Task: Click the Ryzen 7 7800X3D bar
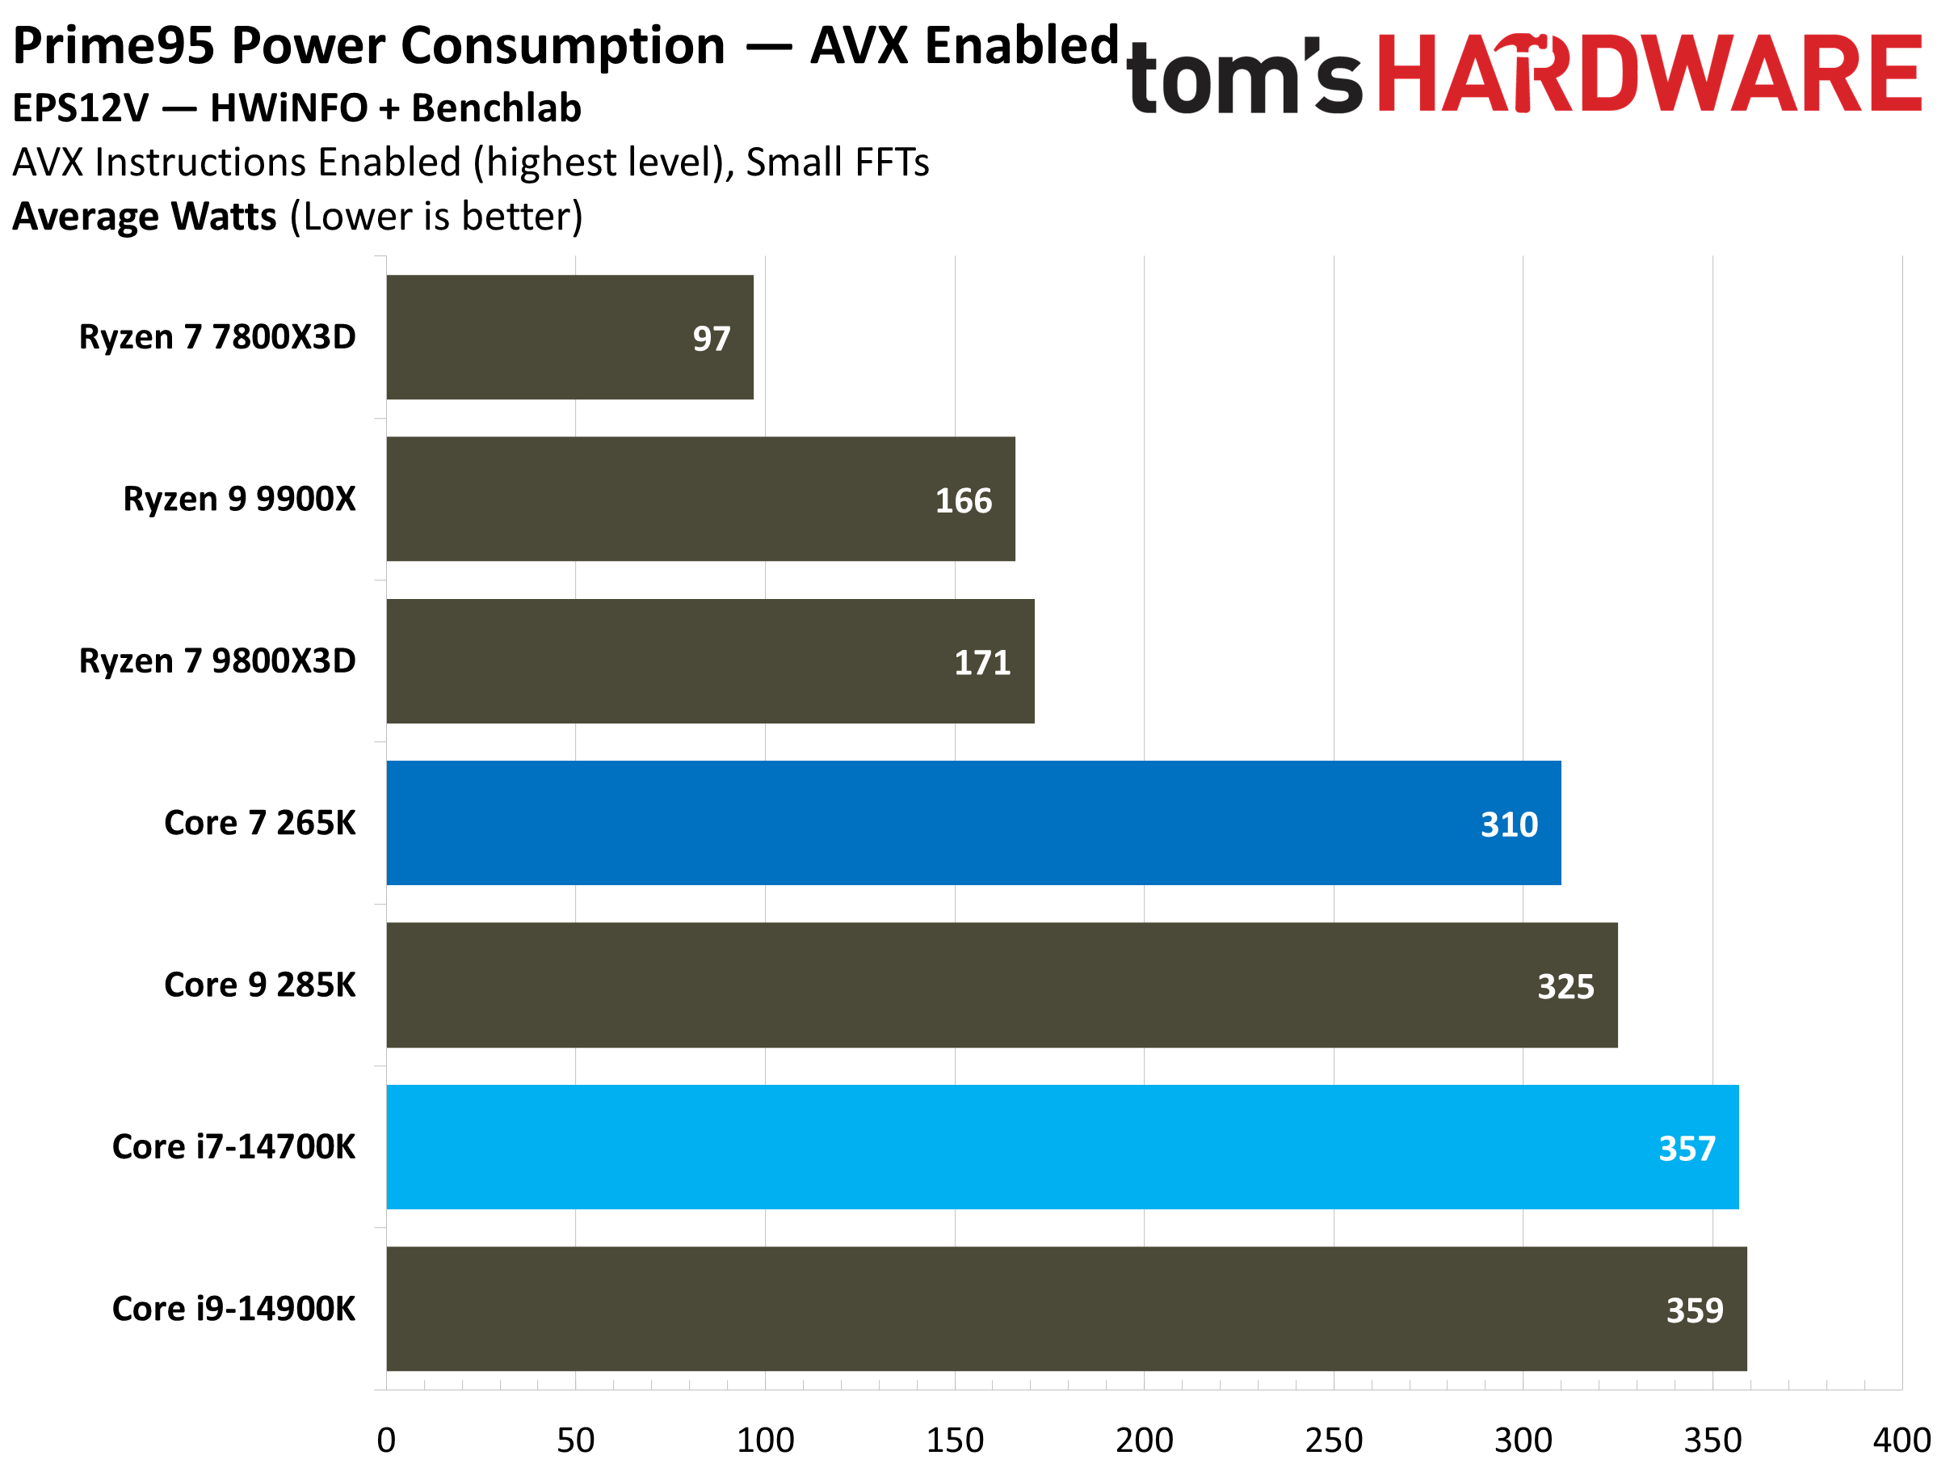tap(569, 337)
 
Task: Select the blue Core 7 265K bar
tap(972, 823)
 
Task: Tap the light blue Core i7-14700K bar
tap(1060, 1146)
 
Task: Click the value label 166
tap(963, 501)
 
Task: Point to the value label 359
tap(1693, 1310)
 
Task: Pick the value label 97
tap(711, 339)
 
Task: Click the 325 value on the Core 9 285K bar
tap(1565, 986)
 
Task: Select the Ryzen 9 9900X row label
tap(238, 500)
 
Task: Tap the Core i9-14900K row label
tap(233, 1309)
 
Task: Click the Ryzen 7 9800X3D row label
tap(217, 661)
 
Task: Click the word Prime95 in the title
tap(113, 46)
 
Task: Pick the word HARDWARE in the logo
tap(1649, 74)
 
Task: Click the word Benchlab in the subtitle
tap(497, 108)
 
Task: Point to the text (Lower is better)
tap(436, 217)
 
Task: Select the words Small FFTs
tap(837, 162)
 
